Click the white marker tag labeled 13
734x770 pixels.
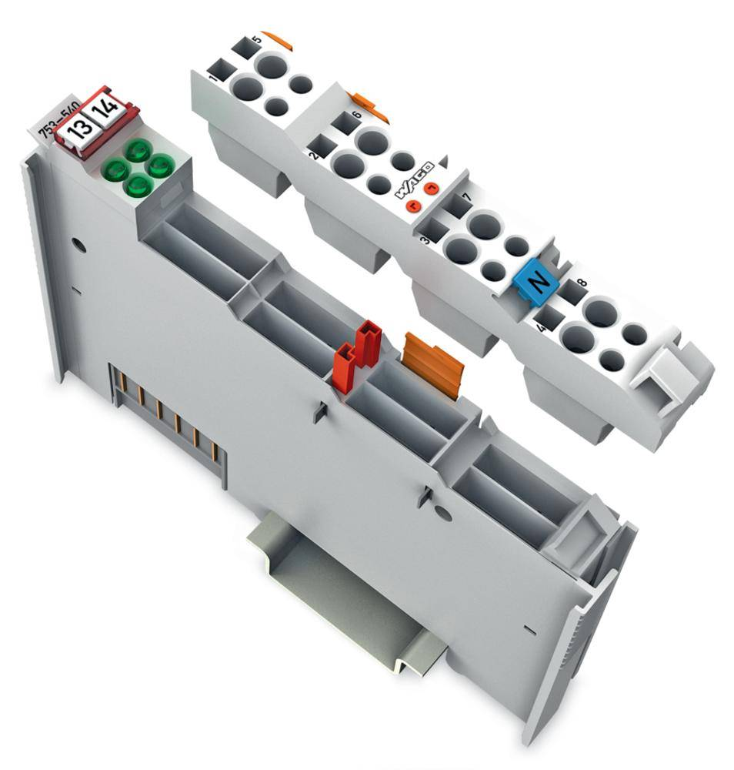(78, 129)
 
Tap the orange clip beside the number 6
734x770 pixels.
(368, 107)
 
